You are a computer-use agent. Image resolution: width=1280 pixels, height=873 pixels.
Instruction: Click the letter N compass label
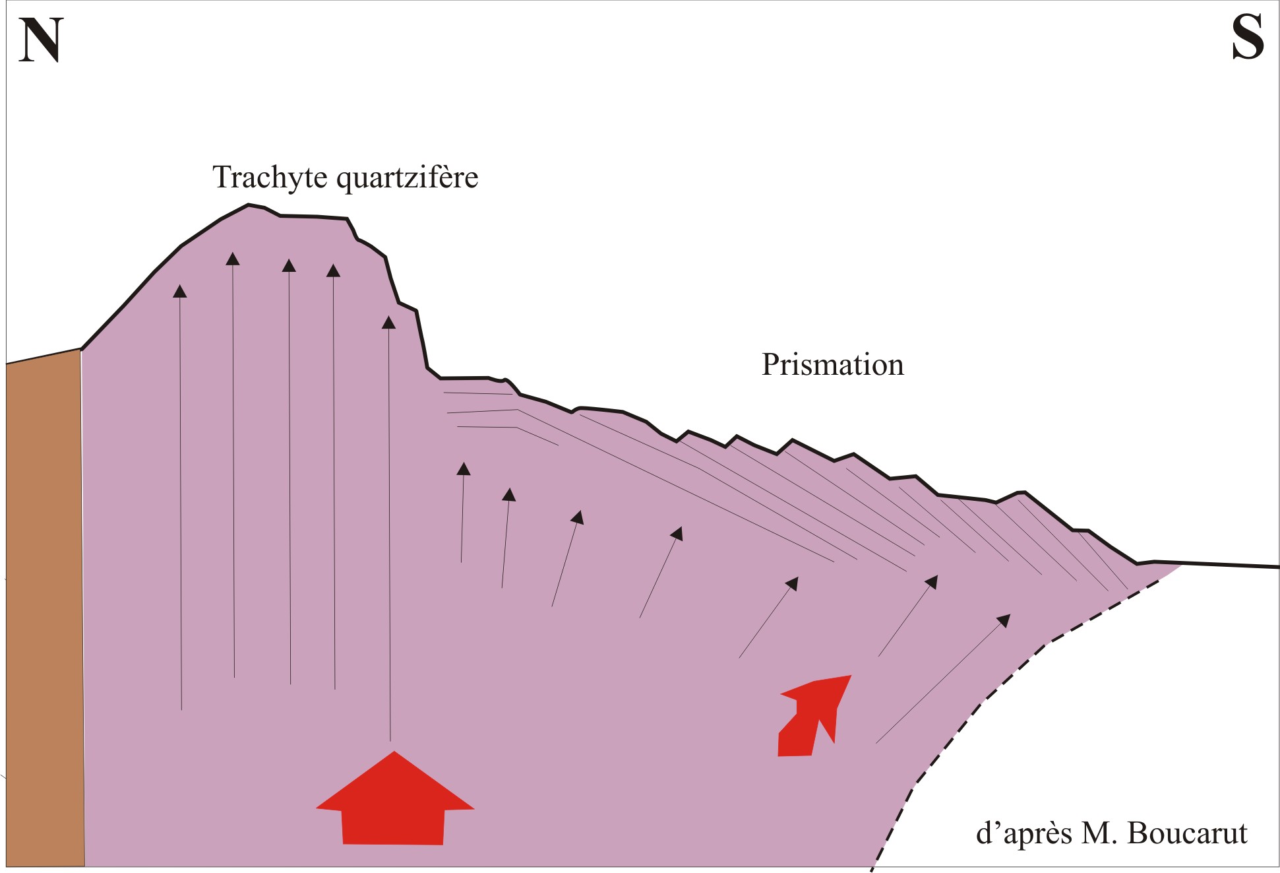coord(41,40)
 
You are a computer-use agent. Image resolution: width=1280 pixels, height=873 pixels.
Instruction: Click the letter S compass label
coord(1248,38)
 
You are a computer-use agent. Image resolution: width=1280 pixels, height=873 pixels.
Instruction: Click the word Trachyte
coord(270,178)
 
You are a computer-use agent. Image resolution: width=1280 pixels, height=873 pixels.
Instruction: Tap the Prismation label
coord(833,364)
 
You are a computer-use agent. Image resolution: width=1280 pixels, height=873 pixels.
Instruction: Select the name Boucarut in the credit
coord(1188,833)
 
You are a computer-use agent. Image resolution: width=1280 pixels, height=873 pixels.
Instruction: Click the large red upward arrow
coord(394,798)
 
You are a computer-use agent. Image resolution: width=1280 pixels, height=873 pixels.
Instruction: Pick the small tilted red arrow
coord(815,716)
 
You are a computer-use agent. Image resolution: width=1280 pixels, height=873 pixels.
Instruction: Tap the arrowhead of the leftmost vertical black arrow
coord(180,291)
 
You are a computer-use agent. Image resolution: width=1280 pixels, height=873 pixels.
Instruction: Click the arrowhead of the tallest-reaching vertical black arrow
coord(233,258)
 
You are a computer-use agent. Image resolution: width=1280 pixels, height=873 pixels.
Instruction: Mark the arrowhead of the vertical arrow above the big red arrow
coord(389,322)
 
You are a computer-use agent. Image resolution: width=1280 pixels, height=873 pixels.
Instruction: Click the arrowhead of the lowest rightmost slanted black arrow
coord(1004,620)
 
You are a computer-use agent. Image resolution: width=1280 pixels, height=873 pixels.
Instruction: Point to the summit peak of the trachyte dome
coord(249,205)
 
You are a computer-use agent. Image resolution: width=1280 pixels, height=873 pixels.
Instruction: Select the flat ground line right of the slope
coord(1229,565)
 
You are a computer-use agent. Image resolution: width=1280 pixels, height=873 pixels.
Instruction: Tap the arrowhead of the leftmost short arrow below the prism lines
coord(464,469)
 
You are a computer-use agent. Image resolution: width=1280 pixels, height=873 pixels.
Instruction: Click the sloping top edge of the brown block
coord(44,356)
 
